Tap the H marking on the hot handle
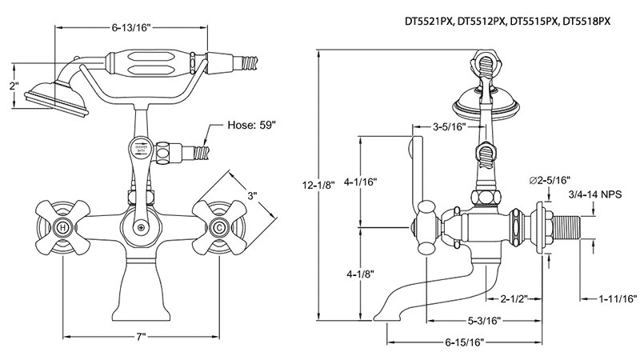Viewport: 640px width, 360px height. click(x=63, y=229)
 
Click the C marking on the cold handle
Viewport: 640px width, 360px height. click(x=218, y=229)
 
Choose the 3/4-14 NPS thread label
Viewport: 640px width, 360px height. click(x=594, y=194)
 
